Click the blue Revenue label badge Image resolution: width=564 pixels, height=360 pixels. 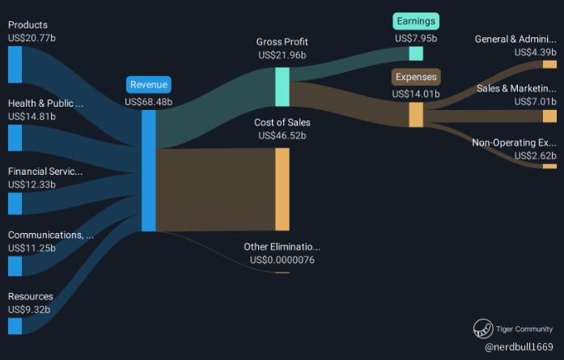(149, 84)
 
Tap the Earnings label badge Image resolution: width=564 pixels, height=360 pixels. (416, 21)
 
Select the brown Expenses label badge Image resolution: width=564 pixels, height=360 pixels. (416, 78)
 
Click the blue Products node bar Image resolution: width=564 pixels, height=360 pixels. (15, 65)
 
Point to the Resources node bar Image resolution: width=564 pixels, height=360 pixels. (15, 325)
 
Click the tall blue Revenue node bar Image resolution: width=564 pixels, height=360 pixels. (149, 170)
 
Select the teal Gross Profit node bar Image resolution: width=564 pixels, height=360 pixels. (282, 87)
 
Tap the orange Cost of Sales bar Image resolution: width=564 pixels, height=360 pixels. (282, 189)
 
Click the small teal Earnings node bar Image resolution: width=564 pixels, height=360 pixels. (416, 53)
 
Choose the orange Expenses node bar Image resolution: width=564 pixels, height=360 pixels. (416, 114)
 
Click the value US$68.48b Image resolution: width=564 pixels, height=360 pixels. (149, 102)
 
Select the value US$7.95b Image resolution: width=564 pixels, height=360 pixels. (416, 38)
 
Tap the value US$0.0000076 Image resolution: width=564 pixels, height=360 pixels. (282, 260)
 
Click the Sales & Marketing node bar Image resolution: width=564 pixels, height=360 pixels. (549, 116)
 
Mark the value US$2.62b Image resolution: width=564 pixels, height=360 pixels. (535, 155)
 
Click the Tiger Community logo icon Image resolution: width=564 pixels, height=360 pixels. (483, 328)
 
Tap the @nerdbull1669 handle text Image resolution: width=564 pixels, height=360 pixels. (519, 346)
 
